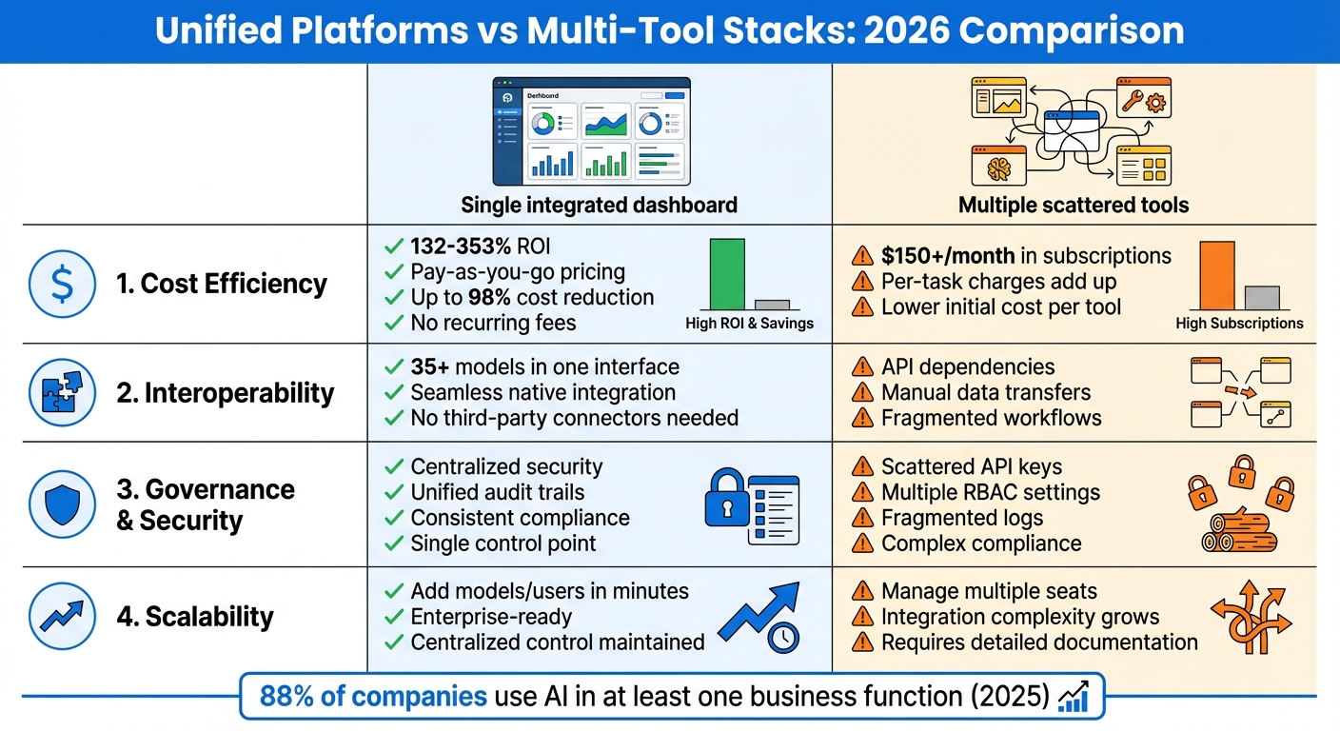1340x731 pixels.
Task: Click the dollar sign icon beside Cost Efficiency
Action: [62, 284]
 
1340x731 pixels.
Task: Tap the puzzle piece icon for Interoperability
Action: [62, 393]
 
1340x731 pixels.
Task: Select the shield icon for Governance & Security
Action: [62, 504]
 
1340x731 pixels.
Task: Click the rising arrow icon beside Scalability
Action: [62, 617]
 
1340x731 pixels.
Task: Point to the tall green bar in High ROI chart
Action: [727, 273]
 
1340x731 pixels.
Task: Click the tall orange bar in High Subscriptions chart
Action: [1216, 275]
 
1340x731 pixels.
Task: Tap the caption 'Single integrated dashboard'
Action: [599, 205]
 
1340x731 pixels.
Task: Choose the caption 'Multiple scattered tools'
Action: [1074, 205]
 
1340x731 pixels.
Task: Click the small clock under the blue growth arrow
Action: [783, 638]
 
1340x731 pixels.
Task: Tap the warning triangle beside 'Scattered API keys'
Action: [862, 467]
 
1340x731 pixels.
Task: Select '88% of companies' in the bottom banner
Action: [373, 697]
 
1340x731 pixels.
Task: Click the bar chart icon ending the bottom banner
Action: [1074, 696]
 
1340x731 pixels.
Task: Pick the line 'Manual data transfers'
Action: [986, 392]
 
